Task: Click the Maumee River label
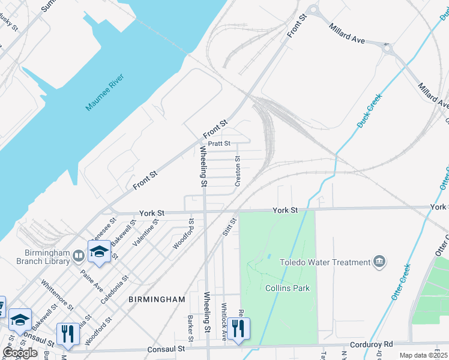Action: tap(104, 93)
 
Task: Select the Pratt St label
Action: tap(219, 144)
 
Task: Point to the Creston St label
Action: tap(238, 172)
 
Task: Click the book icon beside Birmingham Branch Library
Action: tap(79, 257)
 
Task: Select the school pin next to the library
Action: tap(99, 252)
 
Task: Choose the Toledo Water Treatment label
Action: tap(327, 262)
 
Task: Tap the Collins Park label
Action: tap(288, 288)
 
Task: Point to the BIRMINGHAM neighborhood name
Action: tap(157, 299)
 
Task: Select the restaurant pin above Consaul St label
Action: tap(67, 334)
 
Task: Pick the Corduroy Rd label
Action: tap(372, 344)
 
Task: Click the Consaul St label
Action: tap(163, 349)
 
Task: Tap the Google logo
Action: tap(19, 353)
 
